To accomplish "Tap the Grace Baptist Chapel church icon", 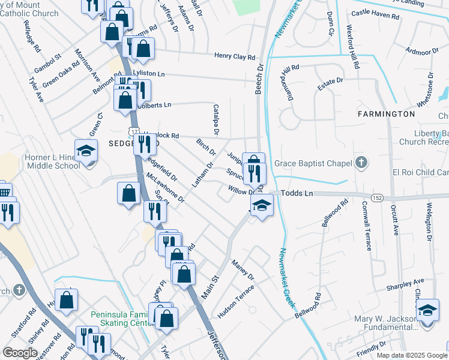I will coord(361,162).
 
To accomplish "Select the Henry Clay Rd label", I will coord(235,57).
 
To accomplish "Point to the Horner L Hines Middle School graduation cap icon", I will coord(86,151).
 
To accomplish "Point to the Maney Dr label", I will coord(243,269).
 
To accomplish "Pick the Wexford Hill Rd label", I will coord(352,46).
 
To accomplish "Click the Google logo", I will coord(20,353).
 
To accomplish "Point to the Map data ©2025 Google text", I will coord(411,355).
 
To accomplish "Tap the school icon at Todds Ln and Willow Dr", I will coord(261,206).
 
